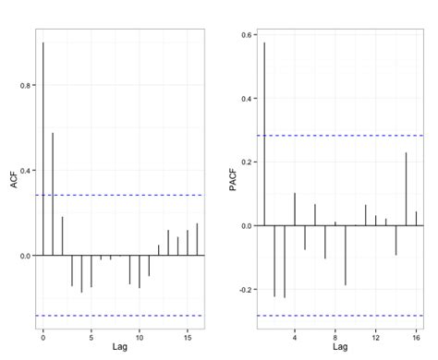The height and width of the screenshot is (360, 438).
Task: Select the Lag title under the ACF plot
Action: (x=119, y=347)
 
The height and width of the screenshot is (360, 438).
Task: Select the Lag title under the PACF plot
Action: (x=340, y=347)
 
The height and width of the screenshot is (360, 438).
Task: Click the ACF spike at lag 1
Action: (x=53, y=194)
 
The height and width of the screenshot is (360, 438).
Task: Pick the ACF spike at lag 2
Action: (x=63, y=236)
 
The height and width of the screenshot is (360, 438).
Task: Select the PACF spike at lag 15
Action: (x=406, y=189)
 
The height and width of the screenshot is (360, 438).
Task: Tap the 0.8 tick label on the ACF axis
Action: (x=27, y=86)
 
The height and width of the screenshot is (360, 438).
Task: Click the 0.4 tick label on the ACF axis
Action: (x=27, y=171)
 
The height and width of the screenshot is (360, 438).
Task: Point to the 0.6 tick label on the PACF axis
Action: (x=248, y=35)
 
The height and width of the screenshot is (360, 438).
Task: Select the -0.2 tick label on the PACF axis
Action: (x=246, y=289)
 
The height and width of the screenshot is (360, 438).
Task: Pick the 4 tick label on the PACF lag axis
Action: (x=295, y=334)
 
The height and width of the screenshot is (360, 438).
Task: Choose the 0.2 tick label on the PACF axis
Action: (x=248, y=162)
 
